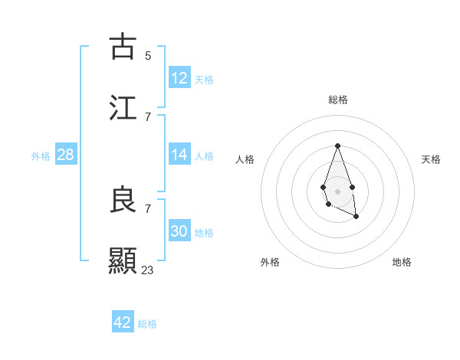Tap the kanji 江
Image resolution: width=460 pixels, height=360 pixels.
coord(123,107)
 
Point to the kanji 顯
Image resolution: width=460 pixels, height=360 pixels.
coord(123,260)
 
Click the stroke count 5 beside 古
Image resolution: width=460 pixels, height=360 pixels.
coord(148,55)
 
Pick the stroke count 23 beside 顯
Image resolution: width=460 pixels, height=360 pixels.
coord(148,270)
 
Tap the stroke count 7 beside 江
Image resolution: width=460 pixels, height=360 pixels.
coord(148,116)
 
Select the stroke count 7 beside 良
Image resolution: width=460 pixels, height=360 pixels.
coord(148,208)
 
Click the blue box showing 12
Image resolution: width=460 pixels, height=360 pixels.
coord(179,78)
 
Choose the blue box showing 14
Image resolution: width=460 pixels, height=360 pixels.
coord(179,155)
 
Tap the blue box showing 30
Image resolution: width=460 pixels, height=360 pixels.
coord(179,231)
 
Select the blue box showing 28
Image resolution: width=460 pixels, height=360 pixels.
coord(66,155)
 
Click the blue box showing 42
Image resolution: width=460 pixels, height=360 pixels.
coord(123,322)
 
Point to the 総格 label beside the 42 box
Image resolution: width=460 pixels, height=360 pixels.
coord(147,324)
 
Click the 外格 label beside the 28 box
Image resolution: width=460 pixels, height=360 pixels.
coord(41,156)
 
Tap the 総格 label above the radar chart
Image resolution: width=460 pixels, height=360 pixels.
coord(337,100)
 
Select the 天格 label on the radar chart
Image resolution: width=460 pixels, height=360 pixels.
coord(431,159)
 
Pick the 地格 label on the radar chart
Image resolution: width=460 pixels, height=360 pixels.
coord(402,262)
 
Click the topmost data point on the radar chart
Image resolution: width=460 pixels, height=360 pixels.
coord(337,146)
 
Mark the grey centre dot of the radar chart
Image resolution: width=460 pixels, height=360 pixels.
coord(337,190)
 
